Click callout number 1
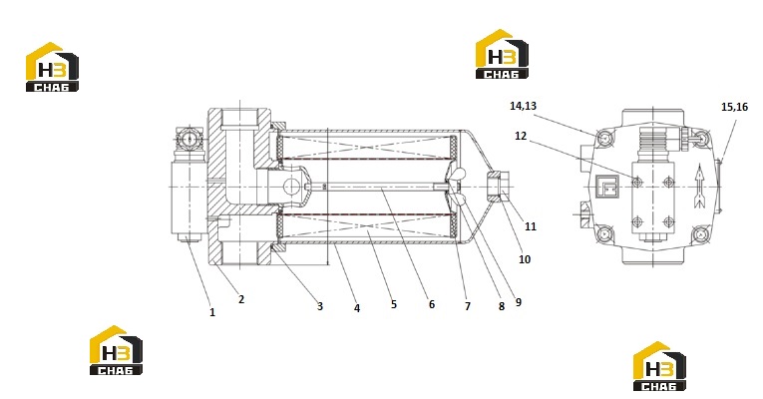pyautogui.click(x=212, y=312)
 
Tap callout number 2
pyautogui.click(x=241, y=299)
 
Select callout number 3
pyautogui.click(x=320, y=306)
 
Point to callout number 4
pyautogui.click(x=357, y=308)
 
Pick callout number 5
pyautogui.click(x=394, y=304)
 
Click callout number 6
pyautogui.click(x=432, y=304)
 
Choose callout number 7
pyautogui.click(x=468, y=306)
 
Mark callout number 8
pyautogui.click(x=502, y=306)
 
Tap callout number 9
pyautogui.click(x=519, y=302)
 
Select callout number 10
pyautogui.click(x=525, y=259)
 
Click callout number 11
pyautogui.click(x=531, y=226)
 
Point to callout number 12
pyautogui.click(x=521, y=136)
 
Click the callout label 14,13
pyautogui.click(x=523, y=106)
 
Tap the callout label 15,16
pyautogui.click(x=734, y=107)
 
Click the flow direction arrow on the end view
pyautogui.click(x=699, y=187)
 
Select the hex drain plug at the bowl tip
pyautogui.click(x=498, y=187)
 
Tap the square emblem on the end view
pyautogui.click(x=606, y=186)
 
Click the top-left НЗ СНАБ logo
pyautogui.click(x=52, y=67)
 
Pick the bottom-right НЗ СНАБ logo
pyautogui.click(x=659, y=366)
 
